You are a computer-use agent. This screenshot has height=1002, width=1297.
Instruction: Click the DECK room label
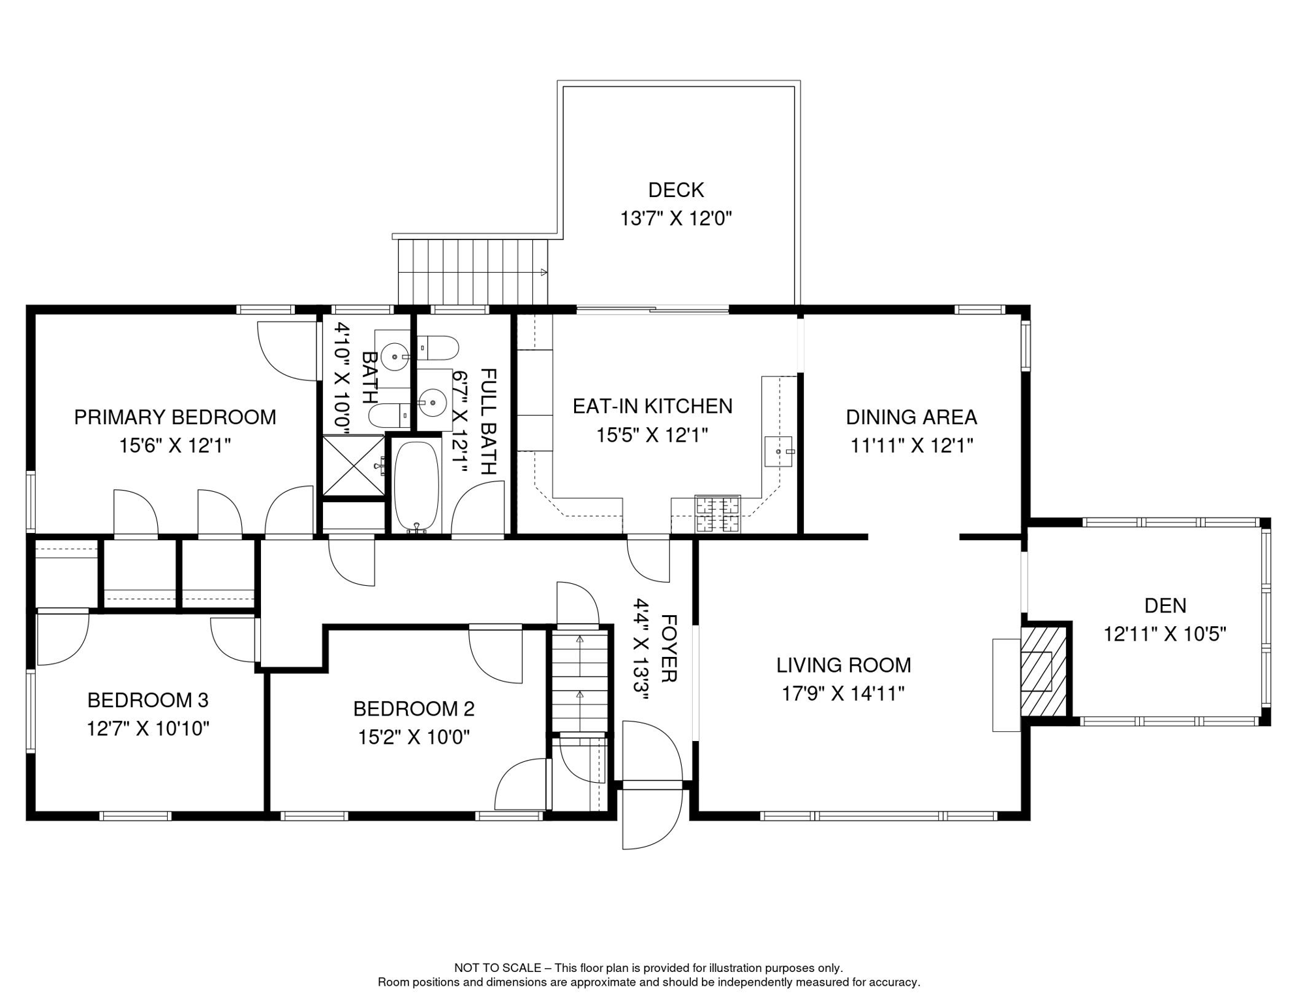pos(676,190)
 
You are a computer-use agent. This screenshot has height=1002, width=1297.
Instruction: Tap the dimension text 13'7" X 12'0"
pos(676,219)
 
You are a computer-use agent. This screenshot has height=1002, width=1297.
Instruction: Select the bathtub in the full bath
pos(416,486)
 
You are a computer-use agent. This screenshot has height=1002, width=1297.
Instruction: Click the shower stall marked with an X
pos(354,466)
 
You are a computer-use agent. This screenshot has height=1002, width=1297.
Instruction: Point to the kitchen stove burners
pos(718,513)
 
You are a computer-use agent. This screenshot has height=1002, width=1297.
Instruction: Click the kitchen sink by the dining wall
pos(778,451)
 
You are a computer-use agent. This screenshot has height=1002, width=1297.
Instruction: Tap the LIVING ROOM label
pos(843,665)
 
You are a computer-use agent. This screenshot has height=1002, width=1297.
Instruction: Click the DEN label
pos(1165,605)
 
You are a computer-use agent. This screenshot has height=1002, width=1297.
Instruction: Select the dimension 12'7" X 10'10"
pos(148,728)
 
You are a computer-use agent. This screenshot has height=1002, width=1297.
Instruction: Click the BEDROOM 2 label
pos(414,708)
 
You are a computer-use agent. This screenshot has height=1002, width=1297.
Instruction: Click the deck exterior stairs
pos(472,271)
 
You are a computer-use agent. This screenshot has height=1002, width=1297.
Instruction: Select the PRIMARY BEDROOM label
pos(175,417)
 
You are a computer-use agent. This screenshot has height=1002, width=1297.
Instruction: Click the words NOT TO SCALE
pos(498,968)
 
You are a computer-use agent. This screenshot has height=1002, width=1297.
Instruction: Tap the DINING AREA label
pos(911,417)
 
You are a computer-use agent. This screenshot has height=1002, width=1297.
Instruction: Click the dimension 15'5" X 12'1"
pos(652,435)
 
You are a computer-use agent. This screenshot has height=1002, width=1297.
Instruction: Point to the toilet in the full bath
pos(439,348)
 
